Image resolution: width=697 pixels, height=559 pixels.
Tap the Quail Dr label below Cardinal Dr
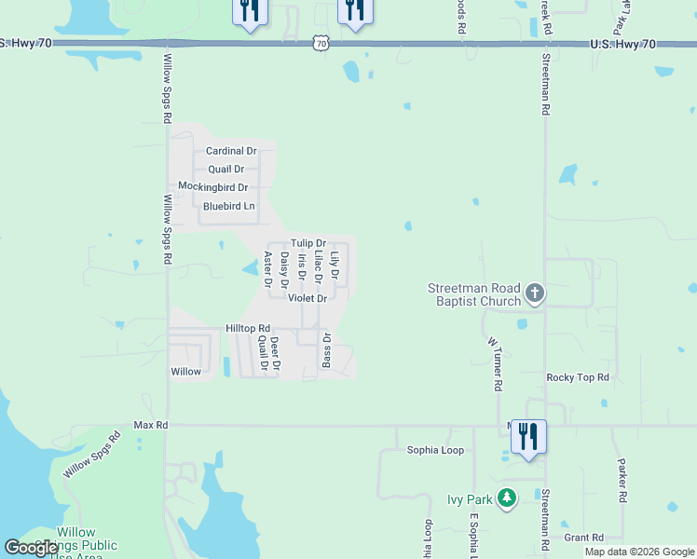pyautogui.click(x=225, y=170)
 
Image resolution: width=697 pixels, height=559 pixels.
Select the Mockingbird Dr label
pyautogui.click(x=212, y=187)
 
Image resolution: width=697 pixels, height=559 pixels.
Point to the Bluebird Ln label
pyautogui.click(x=228, y=206)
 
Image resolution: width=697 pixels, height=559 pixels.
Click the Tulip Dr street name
pyautogui.click(x=307, y=243)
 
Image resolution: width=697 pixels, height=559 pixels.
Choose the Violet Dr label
pyautogui.click(x=307, y=299)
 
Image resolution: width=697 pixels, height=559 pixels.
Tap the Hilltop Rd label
pyautogui.click(x=248, y=329)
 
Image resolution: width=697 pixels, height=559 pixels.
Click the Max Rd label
pyautogui.click(x=150, y=425)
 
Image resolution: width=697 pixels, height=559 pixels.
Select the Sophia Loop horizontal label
pyautogui.click(x=435, y=450)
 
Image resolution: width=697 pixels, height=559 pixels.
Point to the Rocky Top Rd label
pyautogui.click(x=577, y=377)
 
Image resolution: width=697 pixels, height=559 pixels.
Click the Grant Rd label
pyautogui.click(x=584, y=538)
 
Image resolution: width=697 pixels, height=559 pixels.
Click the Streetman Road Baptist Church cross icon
pyautogui.click(x=535, y=294)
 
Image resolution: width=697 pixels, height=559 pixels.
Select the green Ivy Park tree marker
pyautogui.click(x=507, y=499)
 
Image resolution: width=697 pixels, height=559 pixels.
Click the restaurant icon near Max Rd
pyautogui.click(x=528, y=436)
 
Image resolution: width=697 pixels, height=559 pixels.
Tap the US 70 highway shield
pyautogui.click(x=321, y=43)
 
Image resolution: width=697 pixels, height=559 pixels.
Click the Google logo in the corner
pyautogui.click(x=32, y=548)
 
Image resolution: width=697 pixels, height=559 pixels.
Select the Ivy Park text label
pyautogui.click(x=469, y=499)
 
